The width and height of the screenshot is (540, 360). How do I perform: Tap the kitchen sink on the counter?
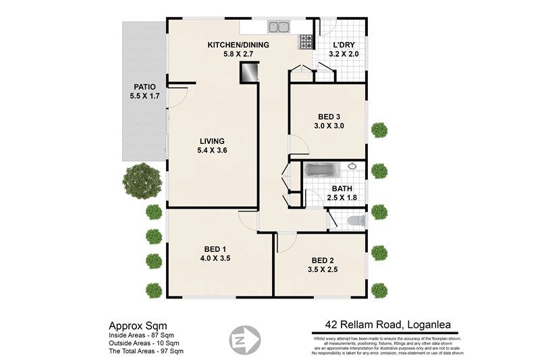(x=278, y=28)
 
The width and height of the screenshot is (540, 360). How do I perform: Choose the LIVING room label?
(x=211, y=140)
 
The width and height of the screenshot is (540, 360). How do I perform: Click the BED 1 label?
(x=211, y=247)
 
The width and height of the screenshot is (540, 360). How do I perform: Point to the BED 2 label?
(x=323, y=261)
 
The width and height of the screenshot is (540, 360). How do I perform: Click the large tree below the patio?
(x=142, y=182)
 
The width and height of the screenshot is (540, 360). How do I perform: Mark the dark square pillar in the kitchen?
(x=250, y=72)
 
